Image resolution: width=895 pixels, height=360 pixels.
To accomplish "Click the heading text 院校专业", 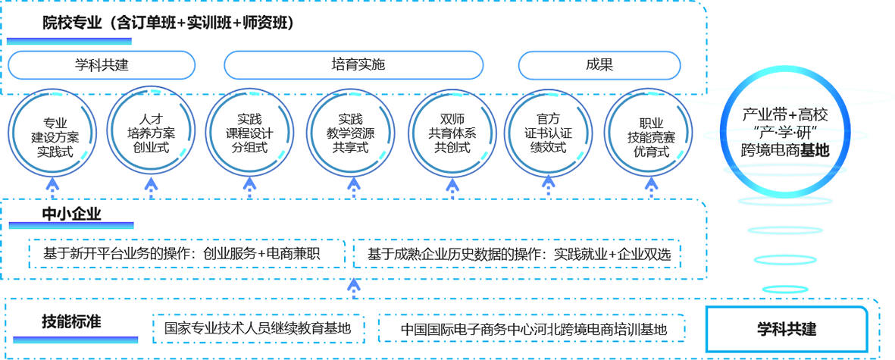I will [x=72, y=23].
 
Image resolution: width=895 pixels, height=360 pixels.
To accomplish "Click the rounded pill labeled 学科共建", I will [x=102, y=64].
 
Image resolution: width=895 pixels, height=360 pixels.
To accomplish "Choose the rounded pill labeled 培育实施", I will [x=354, y=64].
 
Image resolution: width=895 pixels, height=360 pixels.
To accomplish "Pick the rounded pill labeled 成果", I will [x=599, y=64].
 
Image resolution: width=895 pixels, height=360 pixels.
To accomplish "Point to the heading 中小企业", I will [x=71, y=214].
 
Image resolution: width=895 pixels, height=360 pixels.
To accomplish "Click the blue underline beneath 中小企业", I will [x=71, y=225].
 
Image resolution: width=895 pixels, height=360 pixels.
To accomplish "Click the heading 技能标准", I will [x=71, y=321].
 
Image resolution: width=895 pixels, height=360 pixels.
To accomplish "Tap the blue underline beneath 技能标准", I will [x=72, y=338].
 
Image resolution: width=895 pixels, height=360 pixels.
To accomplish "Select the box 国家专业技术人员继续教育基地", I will [x=258, y=329].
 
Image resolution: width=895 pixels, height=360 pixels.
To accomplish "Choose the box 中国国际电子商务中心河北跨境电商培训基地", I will [x=534, y=330].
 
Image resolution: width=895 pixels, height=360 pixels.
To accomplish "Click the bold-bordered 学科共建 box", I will [x=787, y=330].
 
